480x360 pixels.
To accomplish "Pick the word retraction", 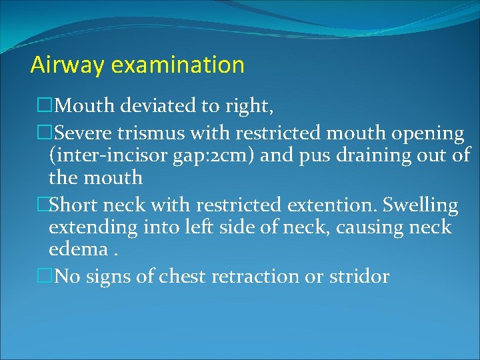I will click(x=255, y=277).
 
